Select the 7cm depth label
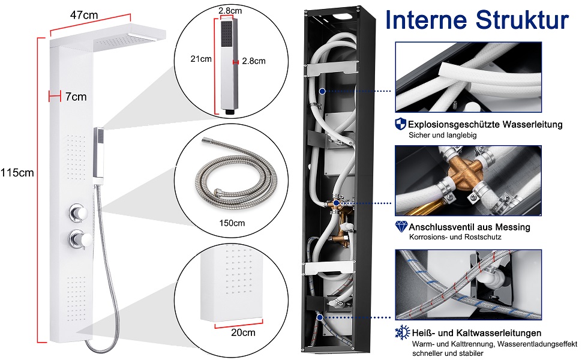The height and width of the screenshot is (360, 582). coord(76,96)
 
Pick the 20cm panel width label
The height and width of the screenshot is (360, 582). coord(244,331)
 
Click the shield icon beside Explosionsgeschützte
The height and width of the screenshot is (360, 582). coord(400,124)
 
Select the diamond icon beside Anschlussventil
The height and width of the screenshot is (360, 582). coord(400,227)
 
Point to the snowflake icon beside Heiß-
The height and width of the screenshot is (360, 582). coord(401,332)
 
